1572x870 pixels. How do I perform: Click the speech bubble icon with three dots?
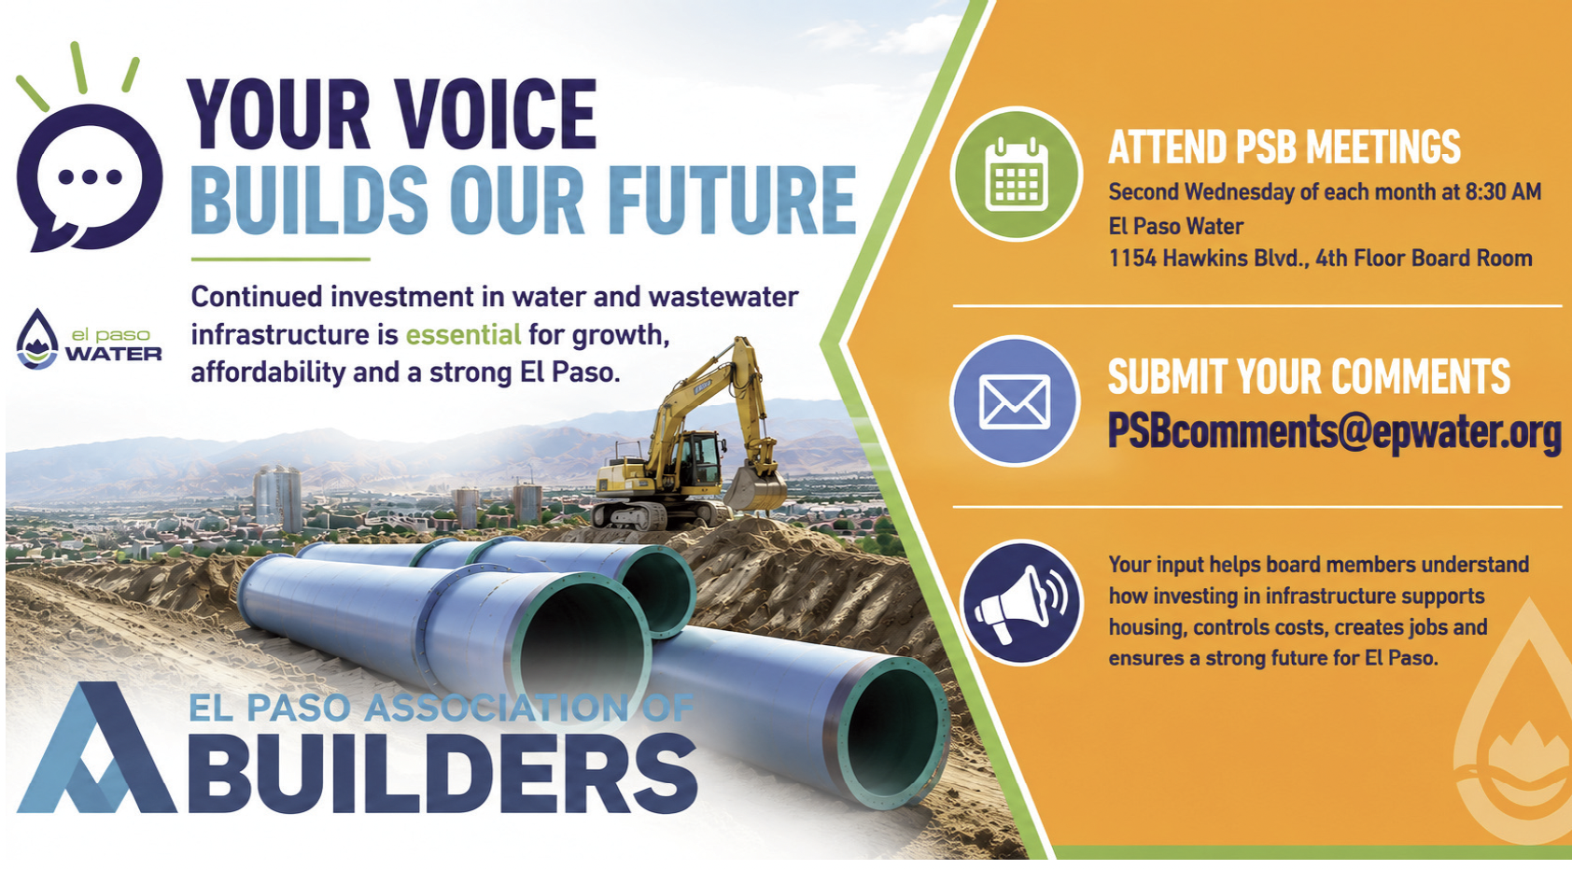point(90,177)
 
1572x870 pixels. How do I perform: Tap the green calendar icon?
point(1017,174)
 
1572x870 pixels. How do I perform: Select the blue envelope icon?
point(1015,401)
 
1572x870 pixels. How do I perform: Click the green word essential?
point(463,335)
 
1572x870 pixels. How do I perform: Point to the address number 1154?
point(1132,259)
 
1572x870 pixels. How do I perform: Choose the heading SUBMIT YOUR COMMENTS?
point(1309,376)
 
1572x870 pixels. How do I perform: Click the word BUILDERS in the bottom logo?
point(442,773)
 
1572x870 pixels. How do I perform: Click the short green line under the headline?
point(281,259)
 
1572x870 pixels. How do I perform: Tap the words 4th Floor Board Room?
point(1424,259)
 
